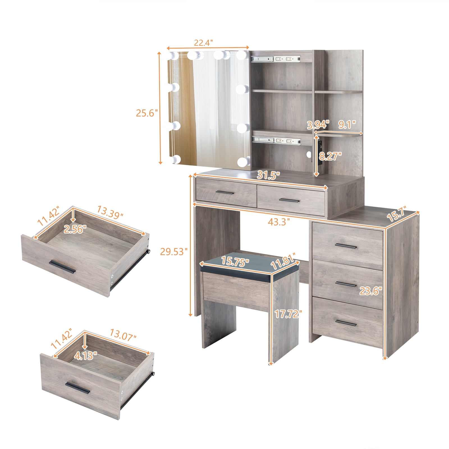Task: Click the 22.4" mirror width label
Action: [x=203, y=43]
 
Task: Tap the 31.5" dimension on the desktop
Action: [x=269, y=176]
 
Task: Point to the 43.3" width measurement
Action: [x=278, y=222]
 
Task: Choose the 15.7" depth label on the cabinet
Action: [x=396, y=215]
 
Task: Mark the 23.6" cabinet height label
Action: [x=371, y=291]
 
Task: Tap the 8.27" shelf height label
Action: [x=330, y=156]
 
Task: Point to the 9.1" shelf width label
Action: [x=347, y=124]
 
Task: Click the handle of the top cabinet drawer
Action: [x=346, y=247]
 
